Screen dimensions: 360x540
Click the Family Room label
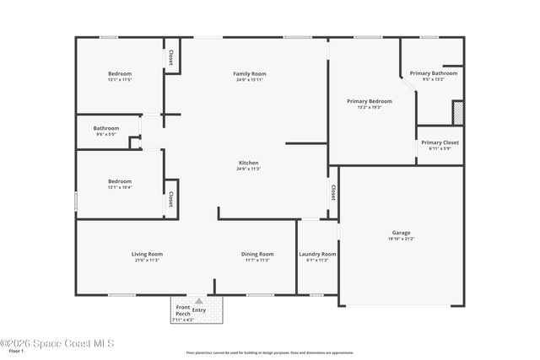249,74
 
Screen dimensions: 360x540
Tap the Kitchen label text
248,163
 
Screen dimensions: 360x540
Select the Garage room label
401,233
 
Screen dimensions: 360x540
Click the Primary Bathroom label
434,73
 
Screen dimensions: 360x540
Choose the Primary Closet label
440,142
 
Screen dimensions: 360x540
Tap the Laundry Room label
317,254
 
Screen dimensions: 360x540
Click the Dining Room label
257,254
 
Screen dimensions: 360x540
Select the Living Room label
147,254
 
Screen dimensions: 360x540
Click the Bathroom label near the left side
106,128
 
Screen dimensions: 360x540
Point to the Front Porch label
182,310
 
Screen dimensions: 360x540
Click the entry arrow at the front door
199,300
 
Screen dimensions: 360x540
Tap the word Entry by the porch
199,310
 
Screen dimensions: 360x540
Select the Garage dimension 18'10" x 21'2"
401,239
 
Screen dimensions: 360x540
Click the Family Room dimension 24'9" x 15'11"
249,80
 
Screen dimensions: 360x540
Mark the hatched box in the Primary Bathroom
458,113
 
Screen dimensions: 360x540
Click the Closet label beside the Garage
333,193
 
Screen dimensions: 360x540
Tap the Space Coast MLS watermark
57,343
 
